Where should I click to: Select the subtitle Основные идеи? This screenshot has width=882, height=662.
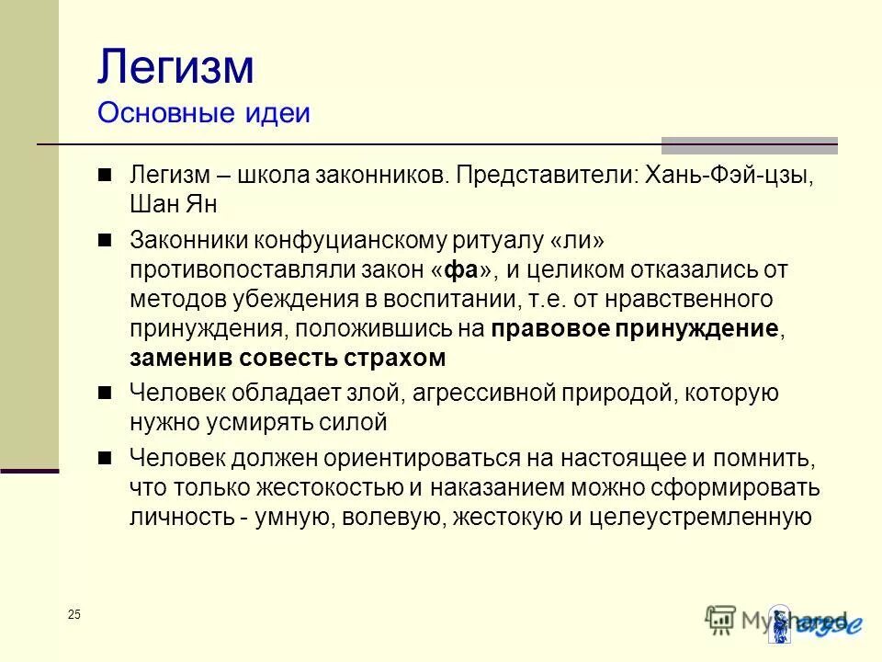coord(203,113)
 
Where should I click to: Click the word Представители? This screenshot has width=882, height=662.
coord(545,175)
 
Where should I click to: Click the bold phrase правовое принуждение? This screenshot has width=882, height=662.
coord(635,329)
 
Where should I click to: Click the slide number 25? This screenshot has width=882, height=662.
coord(73,615)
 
